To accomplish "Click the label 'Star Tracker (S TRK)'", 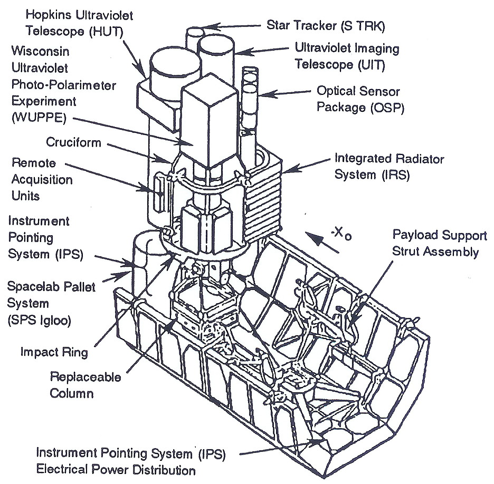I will pyautogui.click(x=325, y=24).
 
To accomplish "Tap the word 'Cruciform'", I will pyautogui.click(x=73, y=143).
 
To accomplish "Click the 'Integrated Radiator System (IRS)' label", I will pyautogui.click(x=389, y=166).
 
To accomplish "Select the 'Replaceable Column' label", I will pyautogui.click(x=85, y=385).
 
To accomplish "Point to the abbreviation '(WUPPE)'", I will pyautogui.click(x=39, y=118).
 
